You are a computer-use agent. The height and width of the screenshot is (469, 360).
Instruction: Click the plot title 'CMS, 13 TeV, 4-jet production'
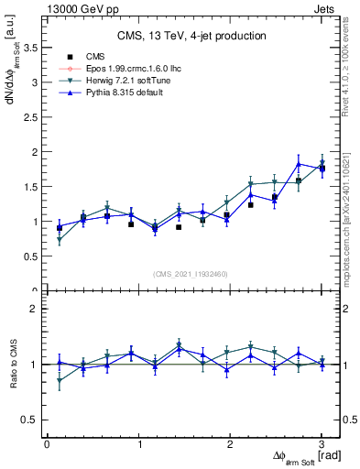pos(191,36)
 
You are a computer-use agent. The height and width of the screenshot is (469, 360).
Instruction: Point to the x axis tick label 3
pos(322,444)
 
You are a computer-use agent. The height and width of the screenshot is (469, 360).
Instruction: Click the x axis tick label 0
pos(47,444)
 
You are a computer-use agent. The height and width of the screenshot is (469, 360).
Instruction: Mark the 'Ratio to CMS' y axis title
pos(12,366)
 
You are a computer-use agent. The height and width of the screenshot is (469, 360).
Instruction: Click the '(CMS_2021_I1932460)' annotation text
pos(191,273)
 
